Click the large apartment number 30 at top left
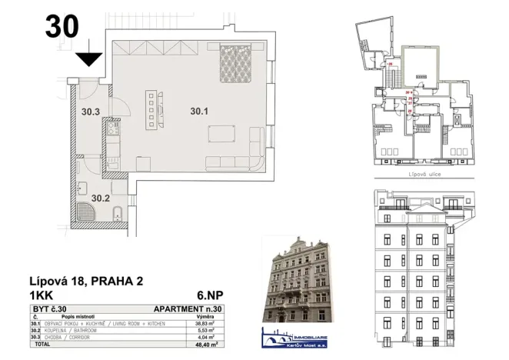[62, 26]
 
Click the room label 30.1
[200, 112]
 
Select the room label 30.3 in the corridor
[91, 112]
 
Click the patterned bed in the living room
[238, 64]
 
